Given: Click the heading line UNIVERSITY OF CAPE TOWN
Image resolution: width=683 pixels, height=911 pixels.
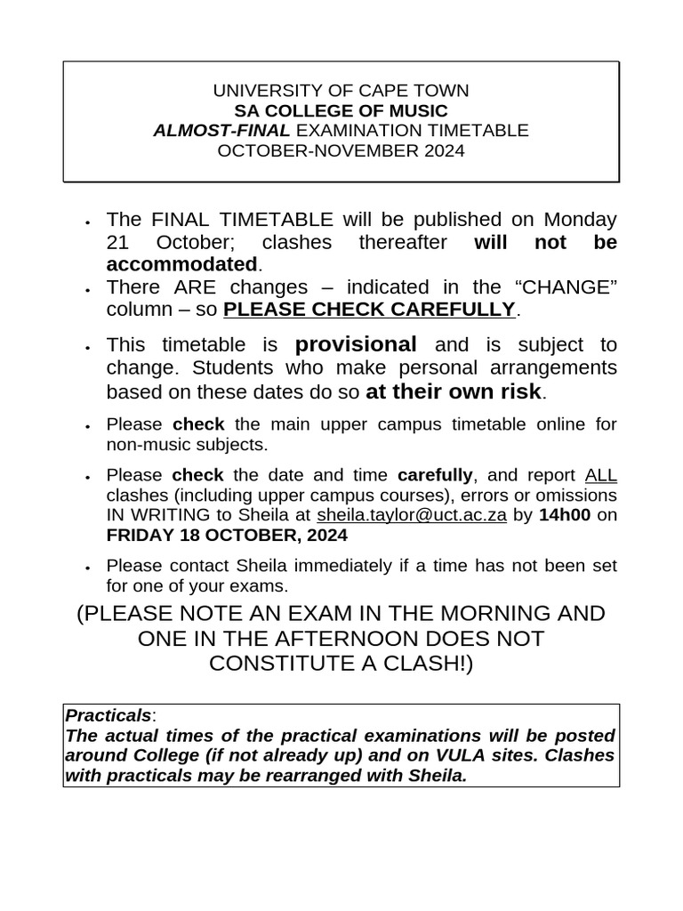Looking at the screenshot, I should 341,91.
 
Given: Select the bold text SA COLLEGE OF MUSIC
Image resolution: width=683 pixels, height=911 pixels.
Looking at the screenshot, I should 341,111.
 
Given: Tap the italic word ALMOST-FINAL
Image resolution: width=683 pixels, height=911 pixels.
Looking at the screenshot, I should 221,131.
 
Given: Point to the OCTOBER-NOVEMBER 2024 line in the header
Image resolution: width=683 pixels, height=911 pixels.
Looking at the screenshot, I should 341,150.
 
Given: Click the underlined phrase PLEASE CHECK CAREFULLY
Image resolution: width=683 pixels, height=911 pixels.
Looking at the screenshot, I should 369,310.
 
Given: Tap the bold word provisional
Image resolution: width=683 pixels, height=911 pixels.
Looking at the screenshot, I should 356,344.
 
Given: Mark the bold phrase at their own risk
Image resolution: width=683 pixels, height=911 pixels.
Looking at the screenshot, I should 453,391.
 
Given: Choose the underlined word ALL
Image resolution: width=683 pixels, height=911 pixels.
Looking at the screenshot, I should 601,475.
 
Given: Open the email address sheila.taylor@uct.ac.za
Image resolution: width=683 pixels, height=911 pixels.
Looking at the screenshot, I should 412,516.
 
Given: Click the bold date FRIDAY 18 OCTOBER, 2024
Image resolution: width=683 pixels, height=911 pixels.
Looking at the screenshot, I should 227,536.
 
